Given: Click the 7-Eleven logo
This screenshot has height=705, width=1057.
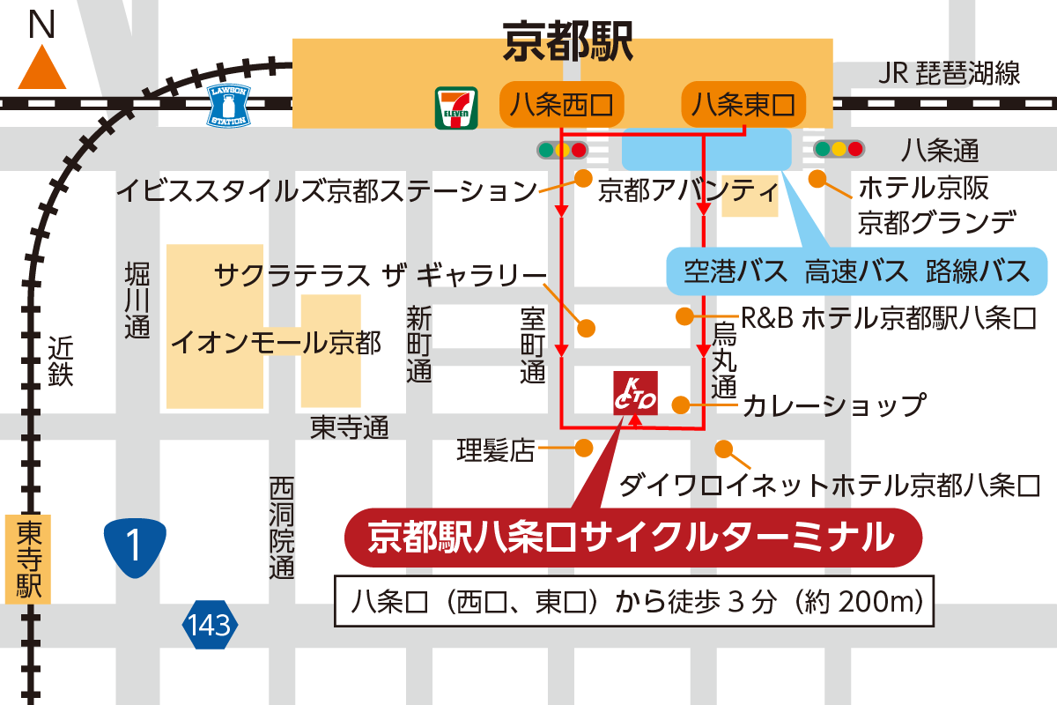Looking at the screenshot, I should pos(455,108).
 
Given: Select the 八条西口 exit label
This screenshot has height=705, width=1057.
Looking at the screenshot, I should pos(562,105).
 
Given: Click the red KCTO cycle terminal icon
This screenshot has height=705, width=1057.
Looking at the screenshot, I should pos(634,393).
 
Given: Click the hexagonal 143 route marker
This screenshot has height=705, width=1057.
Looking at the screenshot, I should pos(210,626).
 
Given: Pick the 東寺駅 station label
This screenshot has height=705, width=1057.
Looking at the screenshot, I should pos(28,559).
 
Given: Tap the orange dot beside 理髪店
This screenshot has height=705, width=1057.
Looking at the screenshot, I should pos(583,449).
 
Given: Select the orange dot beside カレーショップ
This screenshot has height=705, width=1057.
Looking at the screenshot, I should pos(680,404).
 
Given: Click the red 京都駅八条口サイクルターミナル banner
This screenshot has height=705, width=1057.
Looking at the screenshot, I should pos(631,537).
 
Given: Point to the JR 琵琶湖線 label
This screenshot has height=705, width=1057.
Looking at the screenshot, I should pos(949,73).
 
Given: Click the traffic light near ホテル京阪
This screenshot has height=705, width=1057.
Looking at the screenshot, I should pos(839,149).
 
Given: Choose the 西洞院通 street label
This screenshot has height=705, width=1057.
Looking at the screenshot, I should pos(281,528).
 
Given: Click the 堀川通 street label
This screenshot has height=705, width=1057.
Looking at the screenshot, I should pos(137,300).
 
